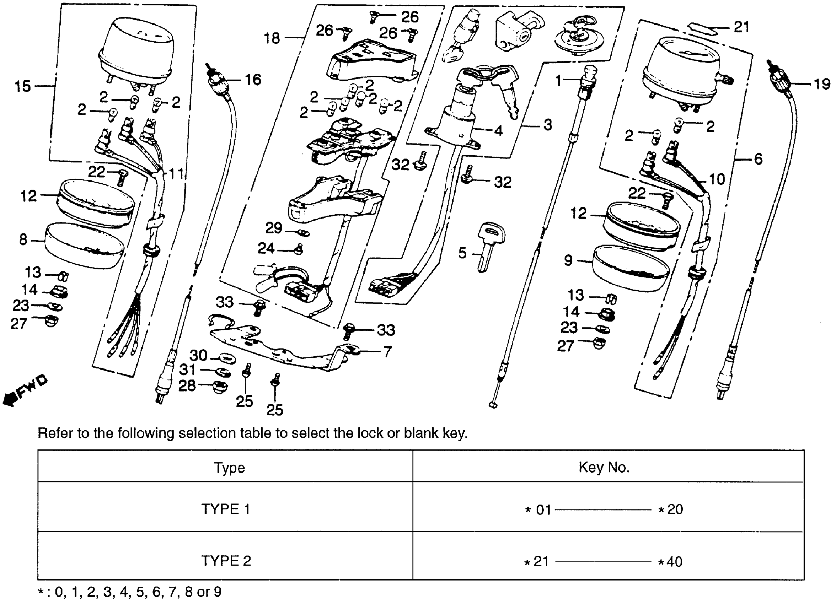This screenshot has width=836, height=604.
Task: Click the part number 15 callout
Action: [x=22, y=87]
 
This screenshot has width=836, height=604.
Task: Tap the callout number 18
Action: [x=272, y=38]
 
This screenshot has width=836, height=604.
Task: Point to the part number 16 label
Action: [x=253, y=80]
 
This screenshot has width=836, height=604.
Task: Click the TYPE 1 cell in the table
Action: [x=226, y=509]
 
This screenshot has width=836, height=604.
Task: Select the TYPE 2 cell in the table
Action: [x=226, y=561]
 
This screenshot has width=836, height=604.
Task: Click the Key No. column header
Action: [x=604, y=467]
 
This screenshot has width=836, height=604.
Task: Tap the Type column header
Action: [x=229, y=468]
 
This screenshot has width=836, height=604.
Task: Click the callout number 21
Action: [x=742, y=27]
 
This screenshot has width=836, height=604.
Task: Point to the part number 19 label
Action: [x=822, y=85]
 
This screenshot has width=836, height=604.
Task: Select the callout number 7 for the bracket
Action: [x=387, y=352]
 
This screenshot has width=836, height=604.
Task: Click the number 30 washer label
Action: [x=198, y=356]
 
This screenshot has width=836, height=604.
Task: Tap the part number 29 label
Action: [x=273, y=228]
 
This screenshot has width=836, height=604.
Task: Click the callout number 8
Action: [x=23, y=240]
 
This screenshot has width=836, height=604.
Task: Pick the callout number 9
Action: [x=568, y=260]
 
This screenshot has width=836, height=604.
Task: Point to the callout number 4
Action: [x=498, y=131]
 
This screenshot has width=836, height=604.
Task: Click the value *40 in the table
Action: [x=671, y=562]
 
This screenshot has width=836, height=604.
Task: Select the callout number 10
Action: [x=717, y=179]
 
